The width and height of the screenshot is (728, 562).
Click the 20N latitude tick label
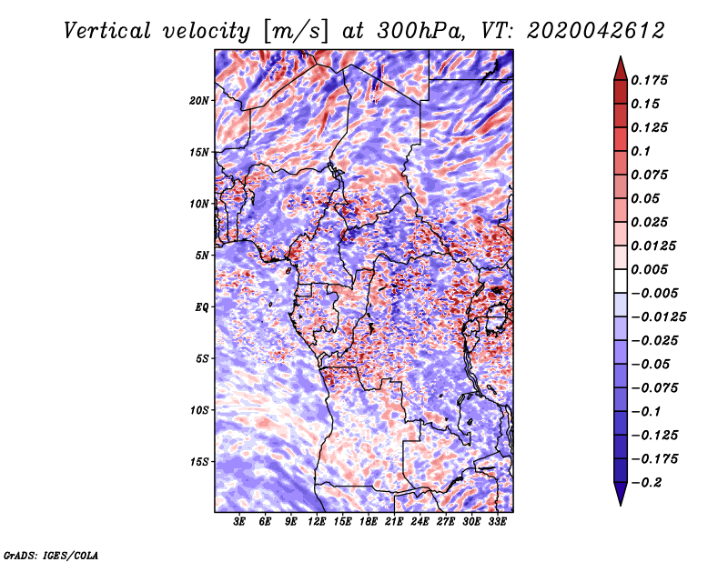pyautogui.click(x=199, y=101)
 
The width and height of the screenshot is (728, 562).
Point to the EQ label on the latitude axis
pyautogui.click(x=201, y=307)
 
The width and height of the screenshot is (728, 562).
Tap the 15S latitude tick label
pyautogui.click(x=199, y=462)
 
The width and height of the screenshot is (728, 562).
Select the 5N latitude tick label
pyautogui.click(x=202, y=256)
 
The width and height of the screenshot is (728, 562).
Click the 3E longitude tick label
pyautogui.click(x=239, y=522)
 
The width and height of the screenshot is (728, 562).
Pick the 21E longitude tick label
pyautogui.click(x=394, y=522)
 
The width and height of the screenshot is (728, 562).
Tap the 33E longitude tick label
pyautogui.click(x=497, y=522)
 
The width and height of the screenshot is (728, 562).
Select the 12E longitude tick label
pyautogui.click(x=316, y=522)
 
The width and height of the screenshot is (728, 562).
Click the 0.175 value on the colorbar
pyautogui.click(x=649, y=80)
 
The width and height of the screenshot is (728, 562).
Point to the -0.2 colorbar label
pyautogui.click(x=646, y=483)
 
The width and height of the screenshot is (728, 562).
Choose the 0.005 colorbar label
pyautogui.click(x=649, y=269)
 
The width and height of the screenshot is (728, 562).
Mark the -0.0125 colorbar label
pyautogui.click(x=658, y=317)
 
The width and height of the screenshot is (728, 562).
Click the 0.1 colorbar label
pyautogui.click(x=641, y=151)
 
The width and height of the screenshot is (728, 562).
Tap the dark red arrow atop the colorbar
pyautogui.click(x=621, y=68)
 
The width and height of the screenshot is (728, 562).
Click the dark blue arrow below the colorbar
pyautogui.click(x=621, y=494)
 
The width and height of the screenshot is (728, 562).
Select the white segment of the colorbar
pyautogui.click(x=621, y=281)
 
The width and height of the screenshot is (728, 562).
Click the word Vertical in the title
pyautogui.click(x=107, y=31)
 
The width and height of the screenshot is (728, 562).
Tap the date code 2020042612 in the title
pyautogui.click(x=596, y=31)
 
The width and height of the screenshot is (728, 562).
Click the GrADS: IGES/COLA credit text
pyautogui.click(x=51, y=555)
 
